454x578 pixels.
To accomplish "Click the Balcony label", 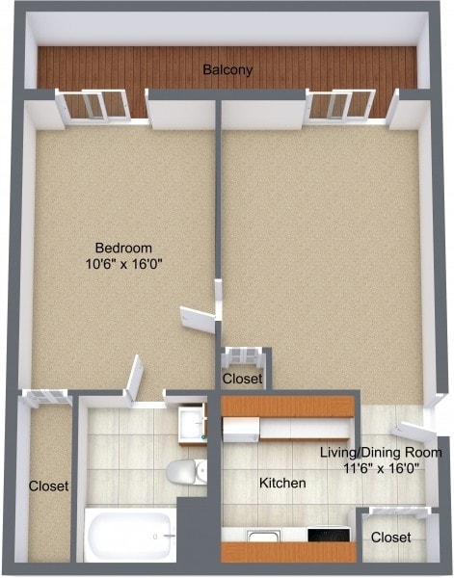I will click(x=227, y=69).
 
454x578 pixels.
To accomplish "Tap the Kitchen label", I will click(x=282, y=482).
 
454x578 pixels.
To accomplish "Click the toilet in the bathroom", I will click(x=182, y=473).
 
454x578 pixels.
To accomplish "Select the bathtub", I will click(x=129, y=534).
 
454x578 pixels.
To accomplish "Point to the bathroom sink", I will click(x=191, y=423).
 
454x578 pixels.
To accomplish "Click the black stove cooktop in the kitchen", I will click(x=329, y=535).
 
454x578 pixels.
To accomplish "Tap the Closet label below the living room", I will click(x=391, y=537).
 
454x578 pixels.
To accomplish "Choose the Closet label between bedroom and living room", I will click(x=242, y=380).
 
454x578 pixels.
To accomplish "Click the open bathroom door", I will click(x=134, y=376).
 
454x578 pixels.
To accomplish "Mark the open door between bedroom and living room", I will click(x=199, y=319).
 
